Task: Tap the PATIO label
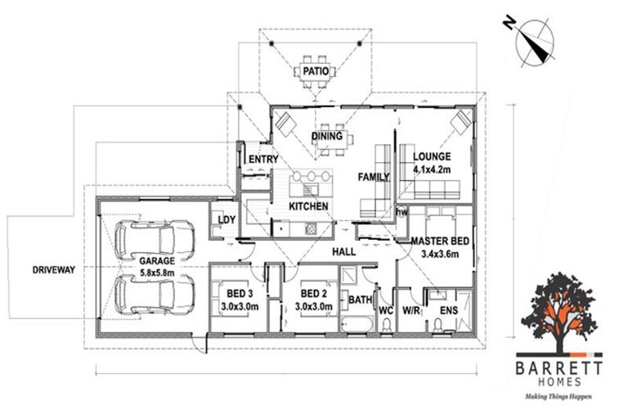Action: pyautogui.click(x=315, y=71)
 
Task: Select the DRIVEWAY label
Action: pyautogui.click(x=53, y=269)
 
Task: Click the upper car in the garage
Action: pyautogui.click(x=155, y=239)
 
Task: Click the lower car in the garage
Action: pyautogui.click(x=155, y=294)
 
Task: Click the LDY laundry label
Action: pyautogui.click(x=222, y=219)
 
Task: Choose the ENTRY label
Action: pyautogui.click(x=262, y=159)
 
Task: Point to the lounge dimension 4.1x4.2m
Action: pyautogui.click(x=431, y=169)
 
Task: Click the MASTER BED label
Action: pyautogui.click(x=440, y=241)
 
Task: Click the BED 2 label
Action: pyautogui.click(x=314, y=294)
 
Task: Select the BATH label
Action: pyautogui.click(x=360, y=300)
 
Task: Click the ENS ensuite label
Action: pyautogui.click(x=449, y=311)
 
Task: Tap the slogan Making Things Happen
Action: pyautogui.click(x=560, y=395)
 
